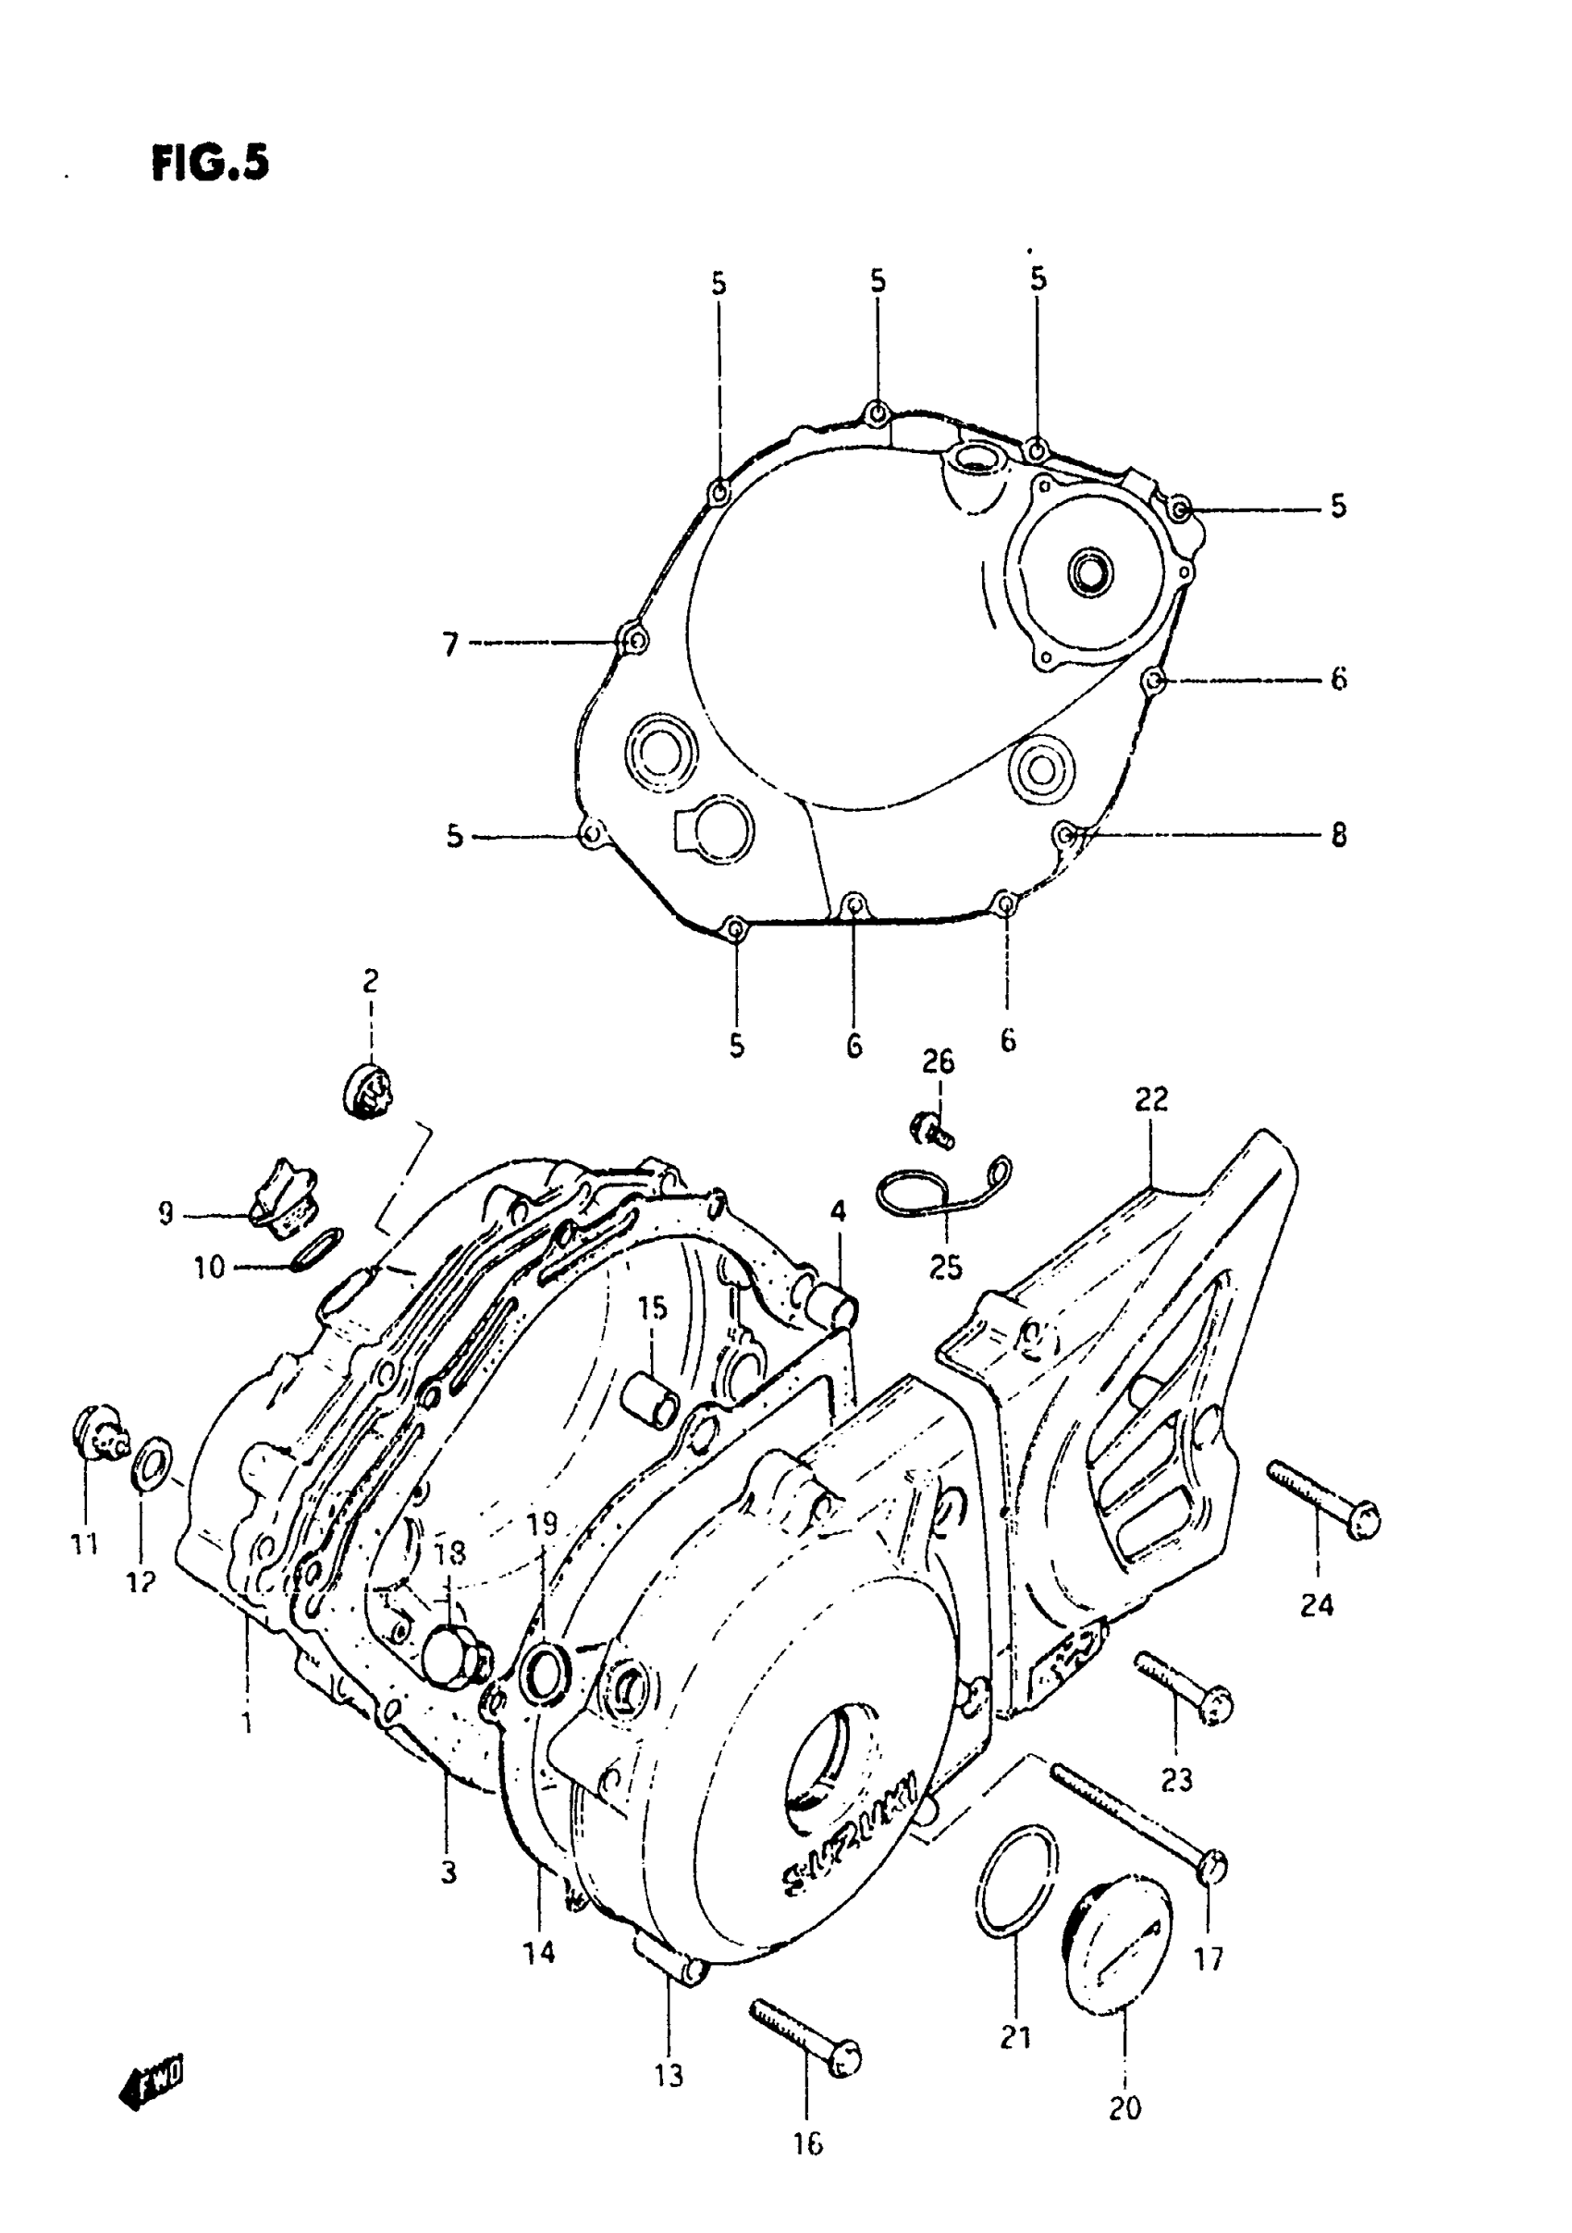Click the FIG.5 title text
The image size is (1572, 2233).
coord(210,164)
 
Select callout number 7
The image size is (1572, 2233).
coord(449,644)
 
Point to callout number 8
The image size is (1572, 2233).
coord(1339,834)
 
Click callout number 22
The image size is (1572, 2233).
coord(1150,1100)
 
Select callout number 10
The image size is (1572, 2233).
coord(209,1268)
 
